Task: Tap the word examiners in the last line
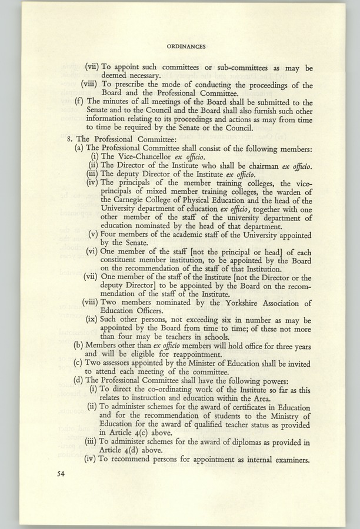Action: point(289,460)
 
